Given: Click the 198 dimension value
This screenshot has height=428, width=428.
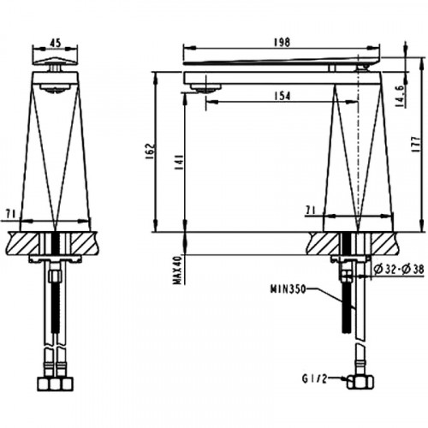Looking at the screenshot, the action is click(282, 42).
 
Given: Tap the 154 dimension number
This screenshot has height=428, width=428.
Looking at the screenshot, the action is click(282, 96).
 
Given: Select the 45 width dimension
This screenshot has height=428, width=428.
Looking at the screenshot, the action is click(56, 43).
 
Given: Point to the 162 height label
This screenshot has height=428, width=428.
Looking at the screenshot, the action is click(151, 151).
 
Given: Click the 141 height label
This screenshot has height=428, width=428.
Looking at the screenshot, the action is click(179, 163).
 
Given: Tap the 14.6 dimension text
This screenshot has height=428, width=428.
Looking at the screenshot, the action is click(400, 97).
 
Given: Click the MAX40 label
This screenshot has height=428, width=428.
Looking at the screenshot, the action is click(178, 270).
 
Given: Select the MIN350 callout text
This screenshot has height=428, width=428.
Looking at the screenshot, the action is click(288, 289).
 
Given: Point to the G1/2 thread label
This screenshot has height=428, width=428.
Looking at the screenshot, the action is click(314, 378).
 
